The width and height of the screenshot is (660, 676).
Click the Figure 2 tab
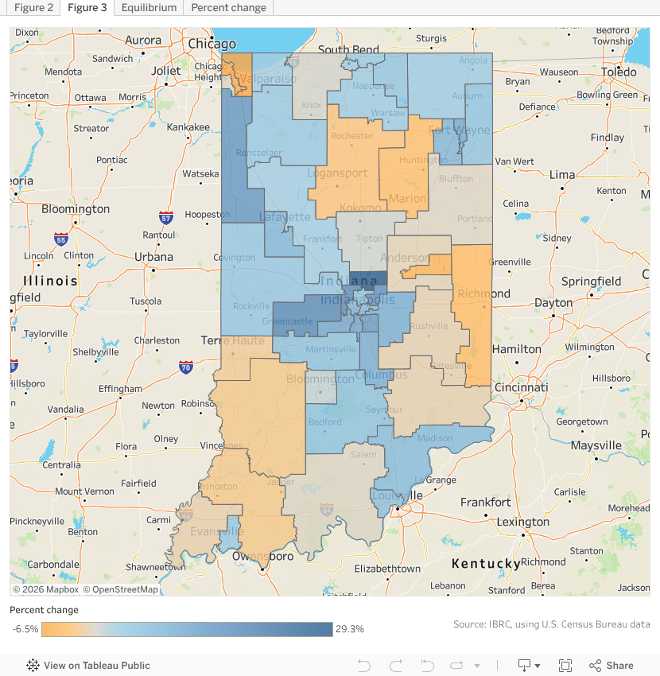click(x=33, y=8)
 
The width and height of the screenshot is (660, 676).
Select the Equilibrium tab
click(x=149, y=8)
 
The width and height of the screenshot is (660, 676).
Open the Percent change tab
click(x=228, y=8)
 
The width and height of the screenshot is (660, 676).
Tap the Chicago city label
click(x=212, y=44)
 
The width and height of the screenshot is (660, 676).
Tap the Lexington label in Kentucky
click(x=522, y=522)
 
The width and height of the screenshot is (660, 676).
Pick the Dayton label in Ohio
click(x=553, y=303)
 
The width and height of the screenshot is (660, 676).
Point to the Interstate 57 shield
click(x=165, y=217)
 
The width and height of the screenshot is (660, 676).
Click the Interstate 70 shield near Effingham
click(x=186, y=367)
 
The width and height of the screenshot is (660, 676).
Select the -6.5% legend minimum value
click(x=25, y=629)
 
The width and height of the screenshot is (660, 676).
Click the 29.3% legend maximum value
click(x=350, y=629)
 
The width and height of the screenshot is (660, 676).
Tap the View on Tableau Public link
click(x=96, y=666)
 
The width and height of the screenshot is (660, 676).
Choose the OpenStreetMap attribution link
click(x=121, y=589)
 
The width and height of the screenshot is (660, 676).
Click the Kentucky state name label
click(x=486, y=564)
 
